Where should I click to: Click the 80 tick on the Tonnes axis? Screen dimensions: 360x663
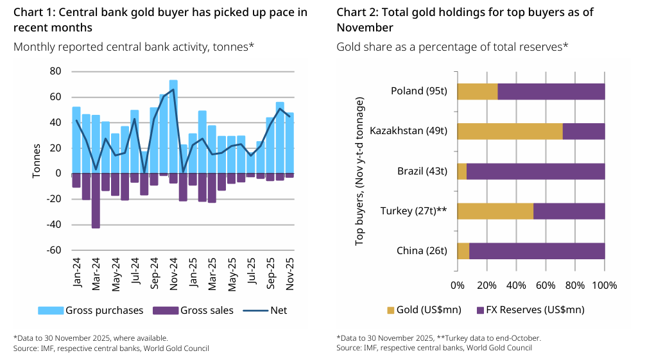[55, 71]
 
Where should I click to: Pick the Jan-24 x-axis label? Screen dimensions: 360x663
[76, 275]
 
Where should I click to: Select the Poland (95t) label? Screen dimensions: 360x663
[418, 91]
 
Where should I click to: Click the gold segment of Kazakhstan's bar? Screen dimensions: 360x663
[510, 131]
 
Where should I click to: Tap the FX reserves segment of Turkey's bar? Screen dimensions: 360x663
[569, 211]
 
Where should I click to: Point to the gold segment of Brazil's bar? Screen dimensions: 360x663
[461, 171]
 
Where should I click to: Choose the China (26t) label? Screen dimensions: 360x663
[421, 251]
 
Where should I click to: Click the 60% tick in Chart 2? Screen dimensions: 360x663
[546, 285]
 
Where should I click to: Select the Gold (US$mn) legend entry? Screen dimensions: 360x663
[424, 310]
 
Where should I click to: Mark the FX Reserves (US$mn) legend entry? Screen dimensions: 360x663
[530, 310]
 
